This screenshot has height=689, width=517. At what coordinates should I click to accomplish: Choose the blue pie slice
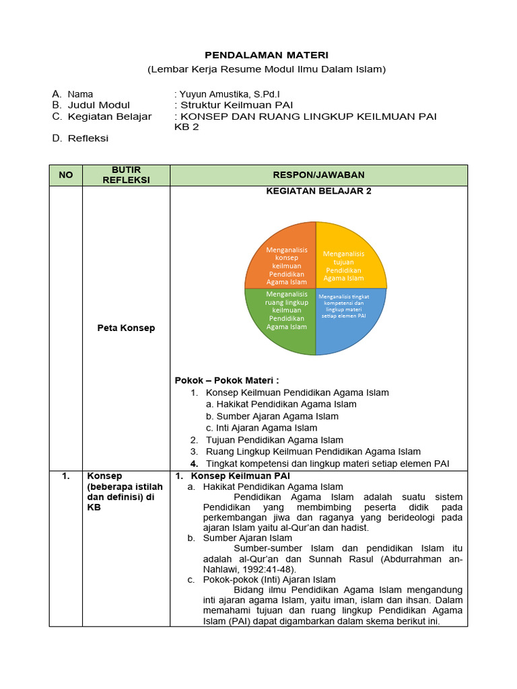(346, 316)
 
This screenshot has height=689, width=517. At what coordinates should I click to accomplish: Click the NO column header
(65, 175)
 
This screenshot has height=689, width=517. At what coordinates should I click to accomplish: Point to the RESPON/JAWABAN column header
(318, 175)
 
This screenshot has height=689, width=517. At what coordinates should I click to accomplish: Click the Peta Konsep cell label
(125, 328)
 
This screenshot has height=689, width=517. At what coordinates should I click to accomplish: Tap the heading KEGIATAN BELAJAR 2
(318, 191)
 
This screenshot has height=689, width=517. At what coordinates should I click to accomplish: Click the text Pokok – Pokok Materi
(227, 380)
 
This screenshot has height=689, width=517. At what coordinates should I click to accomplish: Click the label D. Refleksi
(80, 139)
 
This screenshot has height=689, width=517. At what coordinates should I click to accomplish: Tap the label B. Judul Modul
(91, 105)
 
